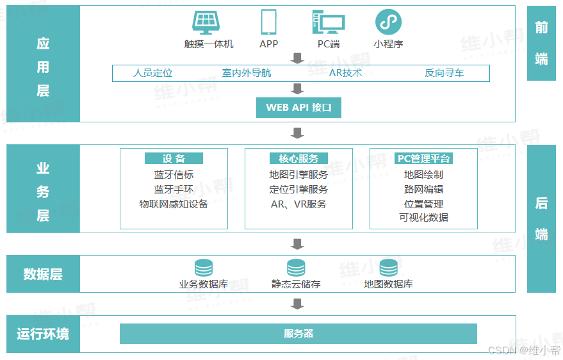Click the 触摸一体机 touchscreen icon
(x=209, y=22)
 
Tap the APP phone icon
(x=268, y=22)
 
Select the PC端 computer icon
(x=328, y=22)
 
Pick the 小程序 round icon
(x=388, y=22)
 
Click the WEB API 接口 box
(x=298, y=108)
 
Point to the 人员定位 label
(x=152, y=73)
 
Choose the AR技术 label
(x=345, y=73)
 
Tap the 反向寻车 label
(x=444, y=73)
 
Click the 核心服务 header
(x=298, y=158)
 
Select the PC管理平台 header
(x=423, y=158)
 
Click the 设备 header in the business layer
(x=174, y=158)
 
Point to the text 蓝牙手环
(x=174, y=189)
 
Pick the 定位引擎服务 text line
(x=298, y=189)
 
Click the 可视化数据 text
(x=423, y=217)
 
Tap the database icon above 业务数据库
(x=203, y=268)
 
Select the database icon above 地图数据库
(x=388, y=268)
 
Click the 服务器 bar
(x=298, y=334)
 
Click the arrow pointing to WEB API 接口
(x=297, y=88)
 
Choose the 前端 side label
(x=541, y=43)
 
